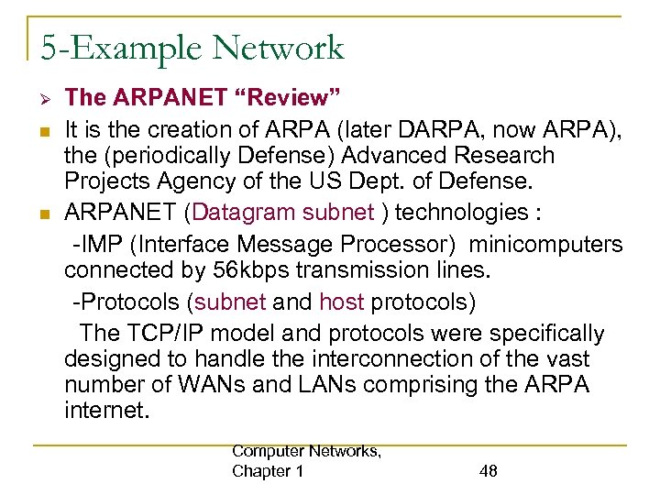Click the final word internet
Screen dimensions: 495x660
point(105,410)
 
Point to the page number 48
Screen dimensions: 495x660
point(489,471)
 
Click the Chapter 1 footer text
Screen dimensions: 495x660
point(269,471)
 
